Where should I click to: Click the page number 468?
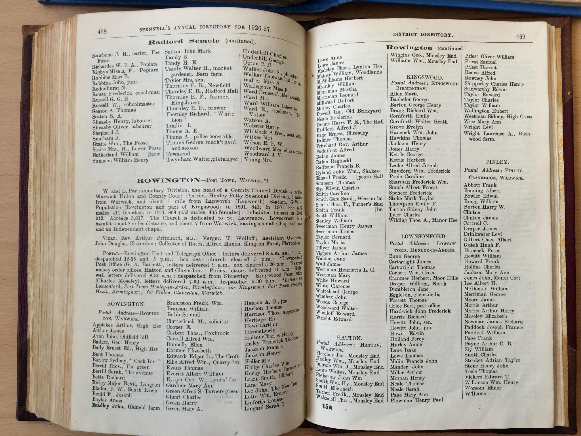pos(102,32)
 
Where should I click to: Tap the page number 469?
pos(521,36)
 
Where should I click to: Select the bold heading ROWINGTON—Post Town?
pos(169,180)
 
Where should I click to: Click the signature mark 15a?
pos(327,407)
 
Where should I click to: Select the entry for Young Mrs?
pos(258,160)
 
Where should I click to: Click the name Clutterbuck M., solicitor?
pos(197,321)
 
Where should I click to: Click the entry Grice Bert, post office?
pos(414,306)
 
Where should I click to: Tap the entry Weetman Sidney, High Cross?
pos(498,116)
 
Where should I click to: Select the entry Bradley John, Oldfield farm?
pos(126,407)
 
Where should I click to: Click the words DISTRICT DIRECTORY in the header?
pos(423,35)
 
